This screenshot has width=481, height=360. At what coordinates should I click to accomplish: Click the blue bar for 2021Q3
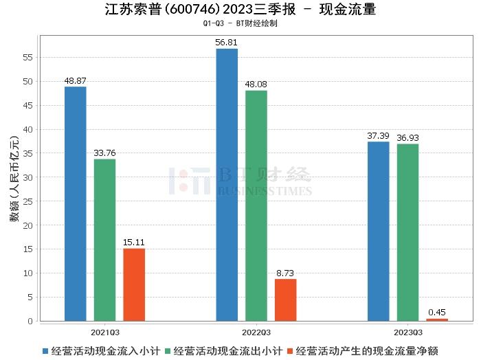coord(75,203)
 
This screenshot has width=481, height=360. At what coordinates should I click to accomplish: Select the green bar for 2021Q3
coord(104,240)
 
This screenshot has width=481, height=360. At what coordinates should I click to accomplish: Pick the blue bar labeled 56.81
coord(227,184)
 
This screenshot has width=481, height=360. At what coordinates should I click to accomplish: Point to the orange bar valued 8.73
coord(285,300)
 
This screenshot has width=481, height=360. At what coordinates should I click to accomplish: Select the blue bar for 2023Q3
coord(378,231)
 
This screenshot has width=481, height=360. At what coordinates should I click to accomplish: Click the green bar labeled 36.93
coord(407,232)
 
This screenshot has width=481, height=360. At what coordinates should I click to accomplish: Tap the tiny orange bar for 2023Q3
coord(437,319)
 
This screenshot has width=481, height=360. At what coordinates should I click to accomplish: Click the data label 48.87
coord(75,80)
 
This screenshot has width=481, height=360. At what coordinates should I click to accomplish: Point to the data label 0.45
coord(437,313)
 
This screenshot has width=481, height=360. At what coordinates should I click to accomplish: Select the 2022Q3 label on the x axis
coord(256,331)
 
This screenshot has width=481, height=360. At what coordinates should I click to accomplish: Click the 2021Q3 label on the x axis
coord(104,331)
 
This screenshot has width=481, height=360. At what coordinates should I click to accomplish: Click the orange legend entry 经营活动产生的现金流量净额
coord(368,351)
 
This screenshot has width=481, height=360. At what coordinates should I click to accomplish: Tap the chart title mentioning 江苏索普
coord(240,10)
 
